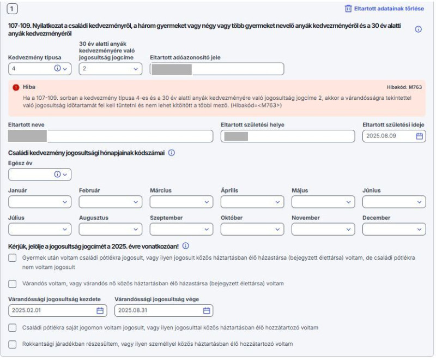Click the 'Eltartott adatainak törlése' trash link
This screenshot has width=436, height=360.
pos(384,9)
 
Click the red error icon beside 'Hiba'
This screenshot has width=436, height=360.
pos(16,87)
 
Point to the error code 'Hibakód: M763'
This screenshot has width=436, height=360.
pos(404,87)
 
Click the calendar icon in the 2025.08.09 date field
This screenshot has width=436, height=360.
pos(419,136)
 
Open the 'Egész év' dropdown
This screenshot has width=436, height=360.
pos(40,175)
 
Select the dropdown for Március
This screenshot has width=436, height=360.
pos(181,202)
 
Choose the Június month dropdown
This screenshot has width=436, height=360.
pos(394,202)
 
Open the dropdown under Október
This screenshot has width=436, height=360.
pos(252,229)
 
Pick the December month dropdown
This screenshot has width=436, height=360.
pos(394,229)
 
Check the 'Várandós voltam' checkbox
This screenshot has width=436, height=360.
pos(13,284)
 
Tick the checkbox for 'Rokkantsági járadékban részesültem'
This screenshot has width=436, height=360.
pos(13,344)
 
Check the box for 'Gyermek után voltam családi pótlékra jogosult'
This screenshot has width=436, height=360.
pos(13,257)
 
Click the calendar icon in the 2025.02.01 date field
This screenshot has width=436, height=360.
pos(100,310)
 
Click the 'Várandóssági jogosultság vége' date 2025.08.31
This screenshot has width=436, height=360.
pos(158,310)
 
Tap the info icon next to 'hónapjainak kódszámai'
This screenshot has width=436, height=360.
pos(171,153)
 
